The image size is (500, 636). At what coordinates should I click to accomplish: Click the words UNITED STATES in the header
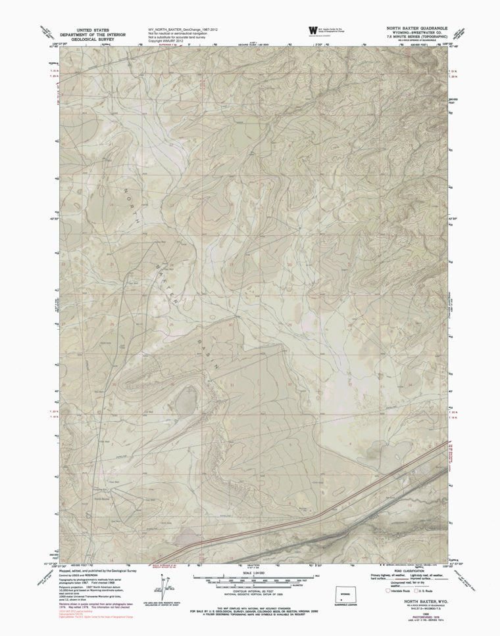[x=93, y=30]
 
